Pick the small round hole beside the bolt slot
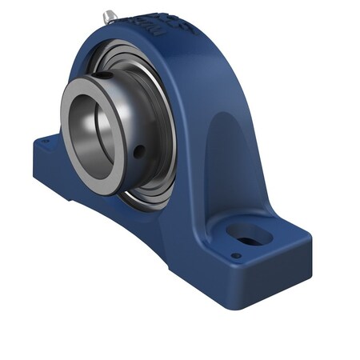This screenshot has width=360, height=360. pos(236,256)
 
